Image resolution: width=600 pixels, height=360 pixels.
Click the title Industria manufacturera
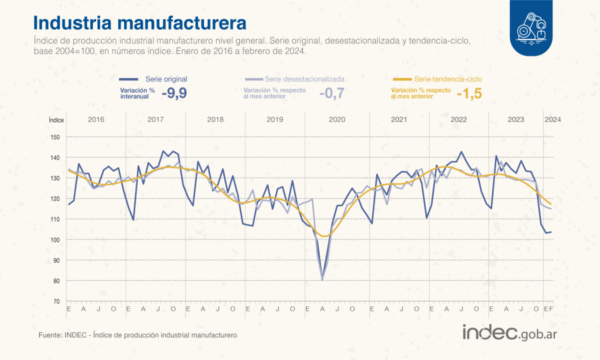pos(139,23)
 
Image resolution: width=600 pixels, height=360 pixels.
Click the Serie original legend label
pos(166,79)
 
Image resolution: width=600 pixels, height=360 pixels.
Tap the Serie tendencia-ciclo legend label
pos(448,79)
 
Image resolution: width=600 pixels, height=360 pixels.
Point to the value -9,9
pos(174,93)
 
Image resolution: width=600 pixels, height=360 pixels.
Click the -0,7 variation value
pos(331,93)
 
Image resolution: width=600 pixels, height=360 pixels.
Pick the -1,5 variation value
pos(469,93)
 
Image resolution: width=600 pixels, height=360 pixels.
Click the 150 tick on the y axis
pos(55,137)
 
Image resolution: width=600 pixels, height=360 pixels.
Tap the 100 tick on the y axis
pos(55,240)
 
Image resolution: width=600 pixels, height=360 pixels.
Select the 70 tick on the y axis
pos(56,301)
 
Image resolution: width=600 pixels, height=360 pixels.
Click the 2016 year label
pos(95,119)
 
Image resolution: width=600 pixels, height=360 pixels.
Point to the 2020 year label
pos(337,119)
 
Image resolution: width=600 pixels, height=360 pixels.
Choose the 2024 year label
pos(552,119)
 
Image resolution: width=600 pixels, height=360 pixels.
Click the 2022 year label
pos(458,119)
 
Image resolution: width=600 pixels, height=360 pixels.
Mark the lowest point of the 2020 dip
pos(322,280)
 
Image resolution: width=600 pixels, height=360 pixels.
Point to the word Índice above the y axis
pos(56,120)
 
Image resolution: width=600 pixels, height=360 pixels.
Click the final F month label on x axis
pos(550,309)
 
